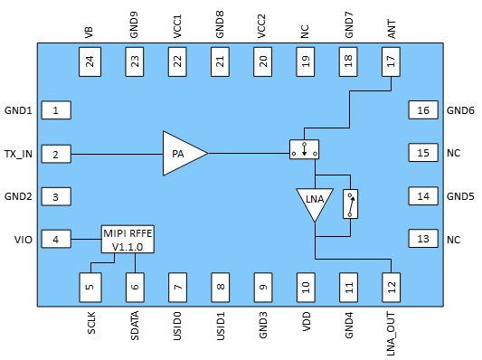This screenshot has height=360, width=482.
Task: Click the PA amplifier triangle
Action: (x=182, y=154)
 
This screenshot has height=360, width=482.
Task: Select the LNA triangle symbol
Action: (x=314, y=202)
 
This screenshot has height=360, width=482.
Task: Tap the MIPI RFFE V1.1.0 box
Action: (x=128, y=240)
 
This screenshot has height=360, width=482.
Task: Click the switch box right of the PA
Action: (x=305, y=150)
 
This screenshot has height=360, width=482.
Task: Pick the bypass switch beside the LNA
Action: (x=350, y=204)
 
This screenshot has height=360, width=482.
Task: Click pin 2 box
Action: (x=56, y=154)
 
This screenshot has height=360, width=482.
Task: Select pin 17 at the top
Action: (x=391, y=62)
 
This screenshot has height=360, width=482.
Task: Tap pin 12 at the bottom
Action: (x=391, y=287)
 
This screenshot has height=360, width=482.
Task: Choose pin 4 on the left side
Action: (x=56, y=240)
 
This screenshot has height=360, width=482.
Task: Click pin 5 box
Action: (x=90, y=287)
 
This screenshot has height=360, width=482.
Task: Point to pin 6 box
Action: (x=133, y=287)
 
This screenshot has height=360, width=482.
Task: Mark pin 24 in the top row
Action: (x=90, y=62)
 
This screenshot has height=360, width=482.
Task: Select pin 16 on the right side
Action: (x=422, y=110)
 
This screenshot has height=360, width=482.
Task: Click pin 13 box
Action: (x=422, y=240)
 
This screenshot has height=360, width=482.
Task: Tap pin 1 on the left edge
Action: (x=56, y=110)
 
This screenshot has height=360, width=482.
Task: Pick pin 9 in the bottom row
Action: (x=262, y=287)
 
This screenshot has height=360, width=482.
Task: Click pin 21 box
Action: (x=219, y=62)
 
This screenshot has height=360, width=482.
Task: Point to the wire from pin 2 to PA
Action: (x=116, y=154)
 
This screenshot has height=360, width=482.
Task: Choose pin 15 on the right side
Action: (x=422, y=154)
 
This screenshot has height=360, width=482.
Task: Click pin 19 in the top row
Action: (x=305, y=62)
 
